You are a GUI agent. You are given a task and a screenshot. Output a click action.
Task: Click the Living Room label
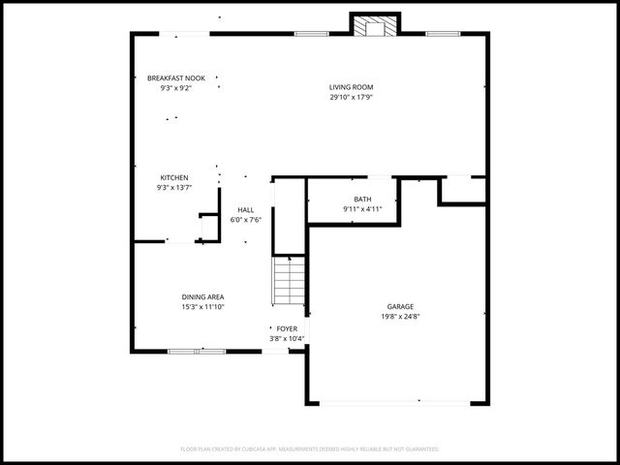click(351, 87)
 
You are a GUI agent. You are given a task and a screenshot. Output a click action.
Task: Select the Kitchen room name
click(174, 177)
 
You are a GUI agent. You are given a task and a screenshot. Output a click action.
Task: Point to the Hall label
click(246, 209)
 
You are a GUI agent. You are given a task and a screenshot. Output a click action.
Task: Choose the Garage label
click(400, 306)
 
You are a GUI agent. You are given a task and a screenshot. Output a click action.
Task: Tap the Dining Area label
click(202, 297)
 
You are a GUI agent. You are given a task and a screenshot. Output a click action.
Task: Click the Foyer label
click(287, 328)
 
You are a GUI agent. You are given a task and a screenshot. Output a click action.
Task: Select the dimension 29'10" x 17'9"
click(351, 97)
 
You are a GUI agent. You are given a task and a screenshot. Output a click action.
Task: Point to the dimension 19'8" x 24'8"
click(400, 316)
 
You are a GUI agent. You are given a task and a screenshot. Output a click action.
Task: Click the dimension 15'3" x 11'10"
click(202, 307)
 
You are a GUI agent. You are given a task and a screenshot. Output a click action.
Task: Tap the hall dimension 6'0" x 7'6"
click(246, 220)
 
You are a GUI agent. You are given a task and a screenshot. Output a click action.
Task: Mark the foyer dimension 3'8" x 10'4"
click(287, 338)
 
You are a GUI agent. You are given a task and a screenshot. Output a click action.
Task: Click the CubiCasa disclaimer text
click(310, 449)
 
